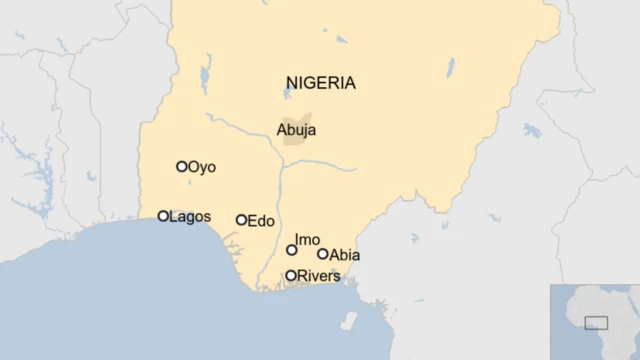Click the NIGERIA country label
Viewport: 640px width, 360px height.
tap(320, 83)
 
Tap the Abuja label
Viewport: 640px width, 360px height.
tap(297, 129)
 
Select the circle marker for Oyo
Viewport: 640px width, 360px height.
tap(182, 167)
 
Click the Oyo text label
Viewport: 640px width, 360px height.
tap(202, 167)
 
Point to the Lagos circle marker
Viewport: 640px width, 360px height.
tap(163, 216)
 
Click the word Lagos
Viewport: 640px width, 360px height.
tap(190, 216)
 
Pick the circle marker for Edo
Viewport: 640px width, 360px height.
tap(241, 220)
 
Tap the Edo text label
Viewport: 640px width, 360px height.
tap(260, 220)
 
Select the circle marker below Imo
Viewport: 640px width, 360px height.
tap(292, 250)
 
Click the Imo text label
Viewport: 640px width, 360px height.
tap(307, 240)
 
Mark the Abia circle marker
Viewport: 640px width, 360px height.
tap(322, 254)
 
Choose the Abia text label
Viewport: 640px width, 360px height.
tap(344, 255)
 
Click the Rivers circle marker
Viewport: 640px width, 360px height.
tap(291, 275)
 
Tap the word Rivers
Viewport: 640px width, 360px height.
tap(319, 275)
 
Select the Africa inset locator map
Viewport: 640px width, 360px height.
tap(594, 321)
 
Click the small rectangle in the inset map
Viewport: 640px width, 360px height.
tap(596, 322)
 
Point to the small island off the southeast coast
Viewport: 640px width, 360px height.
tap(348, 321)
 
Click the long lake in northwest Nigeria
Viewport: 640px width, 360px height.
tap(206, 73)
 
